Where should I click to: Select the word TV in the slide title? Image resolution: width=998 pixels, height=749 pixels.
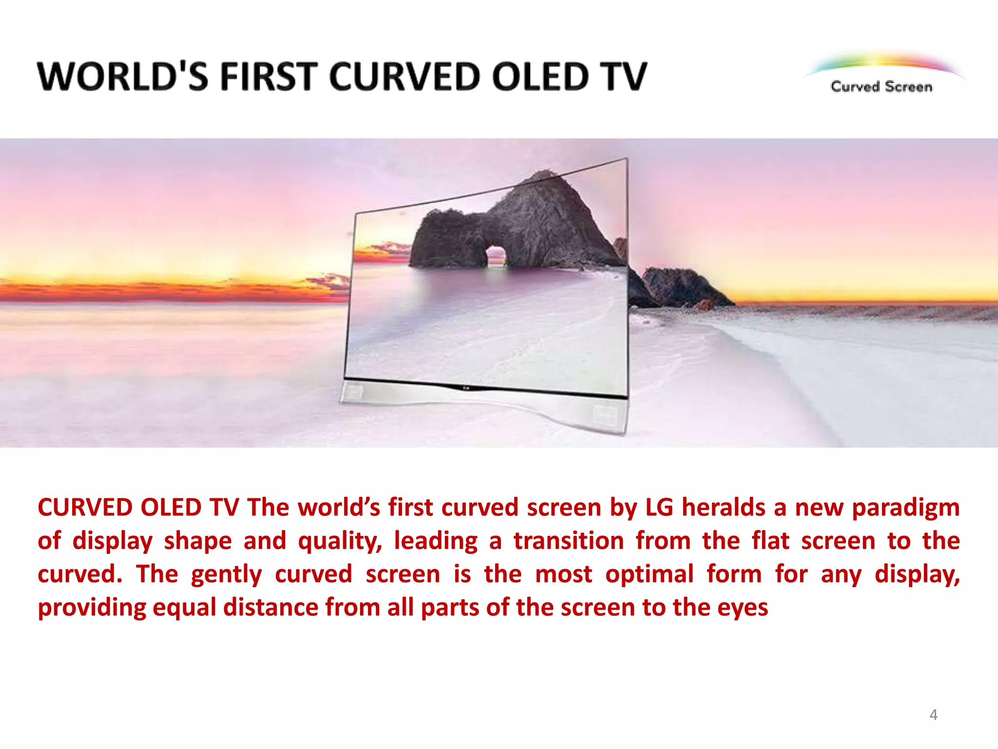[x=623, y=77]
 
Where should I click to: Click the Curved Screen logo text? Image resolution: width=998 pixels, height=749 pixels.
[x=881, y=87]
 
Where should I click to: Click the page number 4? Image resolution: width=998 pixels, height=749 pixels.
[x=933, y=715]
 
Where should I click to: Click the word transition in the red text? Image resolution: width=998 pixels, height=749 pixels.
[x=569, y=541]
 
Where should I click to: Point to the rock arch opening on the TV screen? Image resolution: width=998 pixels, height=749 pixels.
[x=496, y=256]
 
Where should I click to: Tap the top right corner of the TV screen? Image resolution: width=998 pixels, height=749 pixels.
[x=626, y=159]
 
